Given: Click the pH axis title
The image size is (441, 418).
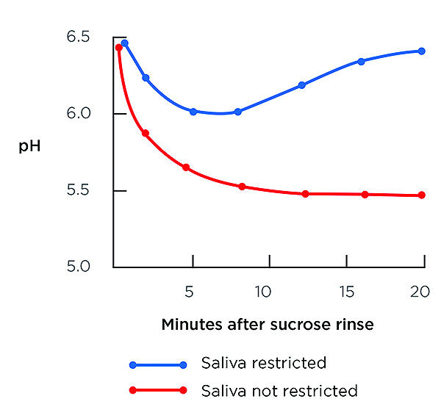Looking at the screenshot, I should (x=29, y=146).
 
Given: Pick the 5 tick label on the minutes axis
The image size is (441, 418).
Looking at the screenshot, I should (x=190, y=292).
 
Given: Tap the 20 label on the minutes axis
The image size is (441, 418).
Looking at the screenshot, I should (x=420, y=292).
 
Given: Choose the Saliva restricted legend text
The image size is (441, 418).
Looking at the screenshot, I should (x=263, y=363).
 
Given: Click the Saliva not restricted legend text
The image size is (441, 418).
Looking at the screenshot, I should (x=279, y=390).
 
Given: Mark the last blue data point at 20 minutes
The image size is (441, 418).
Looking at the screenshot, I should (x=422, y=51).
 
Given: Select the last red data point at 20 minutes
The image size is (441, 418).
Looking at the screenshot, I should (x=422, y=195).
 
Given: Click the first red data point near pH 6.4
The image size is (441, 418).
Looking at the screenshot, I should (x=119, y=48).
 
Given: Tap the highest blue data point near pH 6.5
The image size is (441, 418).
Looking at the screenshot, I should (x=125, y=43).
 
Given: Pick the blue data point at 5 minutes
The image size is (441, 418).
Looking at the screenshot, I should (x=193, y=112).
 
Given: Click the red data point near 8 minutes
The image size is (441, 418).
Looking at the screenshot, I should (x=242, y=187).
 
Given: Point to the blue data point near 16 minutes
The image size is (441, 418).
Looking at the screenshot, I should (x=361, y=61).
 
